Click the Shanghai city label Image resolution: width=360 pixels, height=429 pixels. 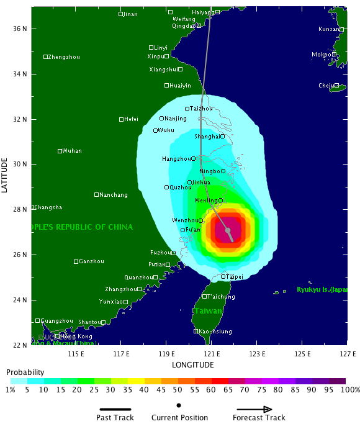[207, 137]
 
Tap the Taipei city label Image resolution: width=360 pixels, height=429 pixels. [235, 277]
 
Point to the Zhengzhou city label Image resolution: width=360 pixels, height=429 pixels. [64, 57]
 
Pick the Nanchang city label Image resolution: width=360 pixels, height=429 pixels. [114, 195]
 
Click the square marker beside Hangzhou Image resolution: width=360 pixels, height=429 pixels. [194, 159]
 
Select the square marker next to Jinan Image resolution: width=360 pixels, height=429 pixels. [121, 14]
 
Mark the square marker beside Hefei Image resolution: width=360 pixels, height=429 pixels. [122, 119]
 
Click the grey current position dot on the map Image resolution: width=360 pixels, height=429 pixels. [229, 230]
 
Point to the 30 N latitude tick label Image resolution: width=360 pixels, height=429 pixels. [20, 165]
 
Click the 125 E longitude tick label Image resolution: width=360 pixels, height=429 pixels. [302, 354]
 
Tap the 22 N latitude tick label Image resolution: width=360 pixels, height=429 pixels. [20, 345]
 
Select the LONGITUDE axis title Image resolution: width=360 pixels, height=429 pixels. [193, 364]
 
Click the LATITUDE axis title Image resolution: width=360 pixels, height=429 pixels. [6, 175]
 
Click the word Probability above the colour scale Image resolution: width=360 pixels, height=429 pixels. [25, 372]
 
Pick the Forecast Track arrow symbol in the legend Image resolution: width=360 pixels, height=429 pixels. [254, 409]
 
